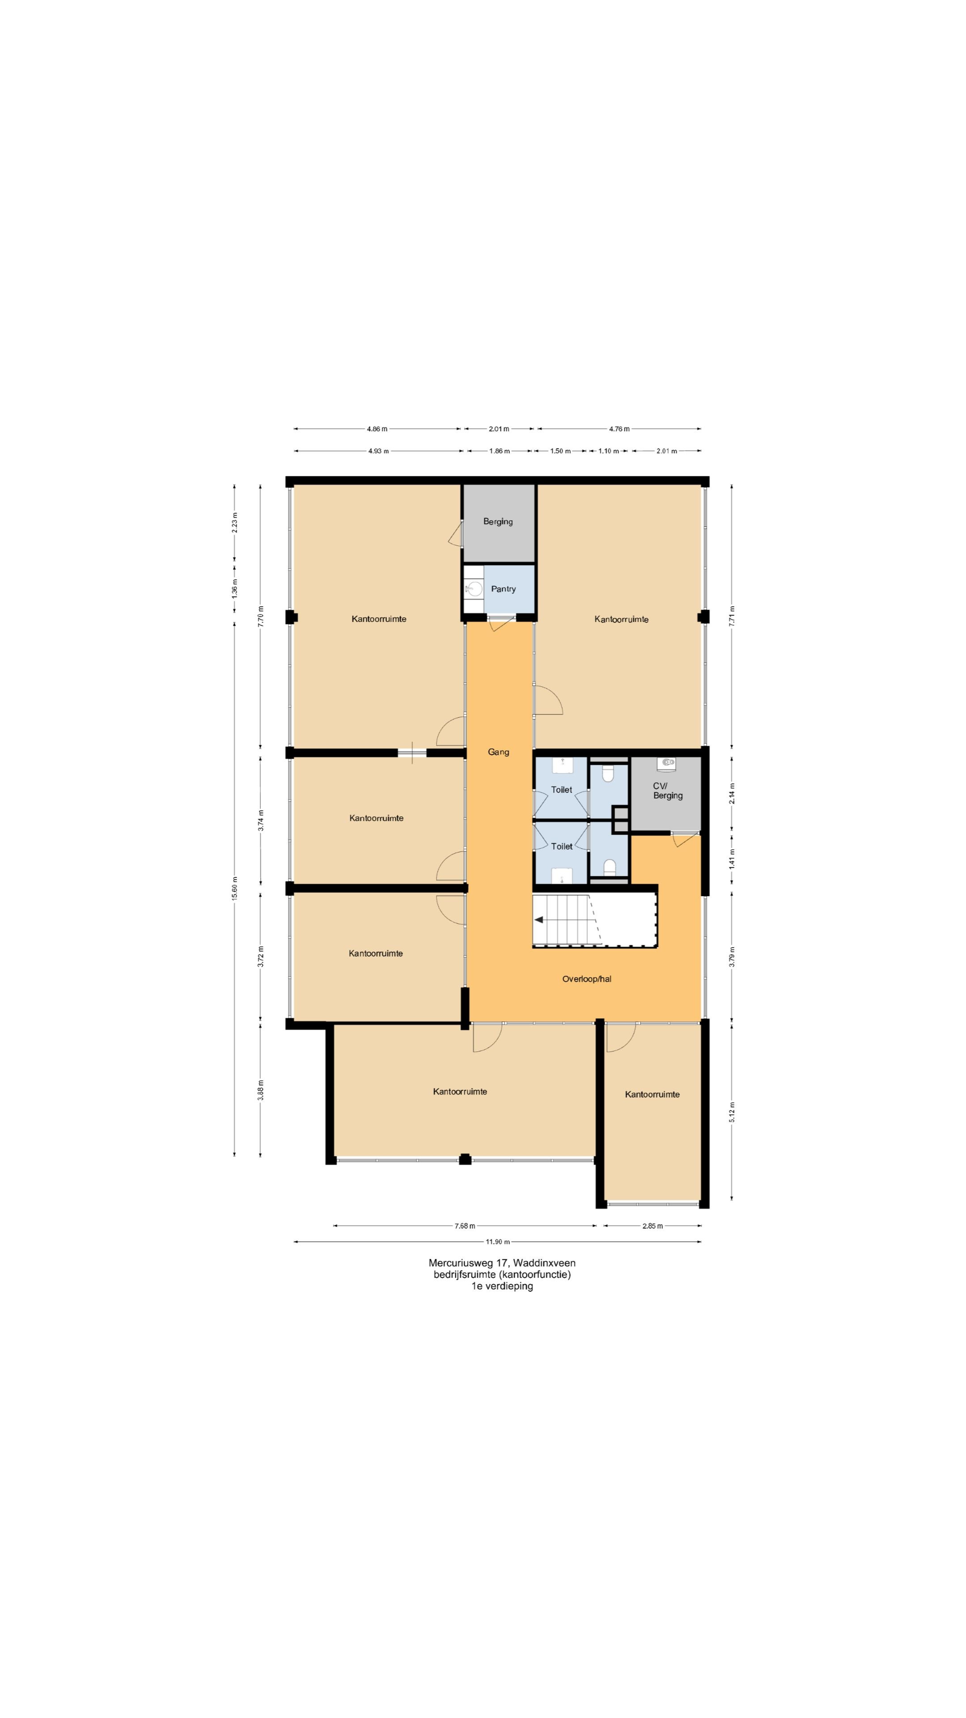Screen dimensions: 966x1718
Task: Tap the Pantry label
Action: click(x=503, y=589)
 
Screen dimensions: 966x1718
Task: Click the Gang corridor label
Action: click(x=498, y=752)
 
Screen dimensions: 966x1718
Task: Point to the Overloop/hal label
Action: click(x=587, y=979)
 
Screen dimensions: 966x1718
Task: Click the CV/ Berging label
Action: click(x=667, y=791)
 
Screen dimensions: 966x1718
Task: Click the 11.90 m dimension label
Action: click(x=497, y=1242)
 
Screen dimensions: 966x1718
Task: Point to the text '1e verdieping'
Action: click(x=502, y=1286)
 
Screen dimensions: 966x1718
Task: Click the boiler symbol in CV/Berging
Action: click(x=667, y=761)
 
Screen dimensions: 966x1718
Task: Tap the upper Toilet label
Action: click(x=561, y=790)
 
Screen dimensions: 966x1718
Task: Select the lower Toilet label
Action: click(x=561, y=846)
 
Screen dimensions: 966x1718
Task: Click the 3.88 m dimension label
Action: click(x=261, y=1090)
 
